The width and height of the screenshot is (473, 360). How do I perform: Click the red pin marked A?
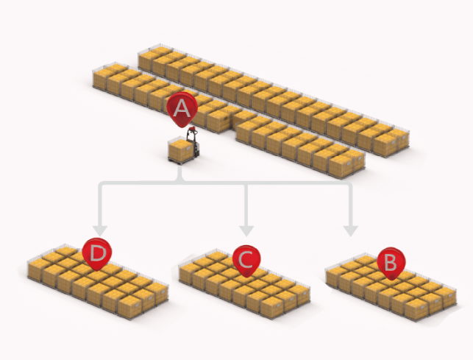pyautogui.click(x=182, y=109)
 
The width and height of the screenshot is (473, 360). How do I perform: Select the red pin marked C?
pyautogui.click(x=246, y=261)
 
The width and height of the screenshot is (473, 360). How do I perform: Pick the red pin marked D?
pyautogui.click(x=97, y=254)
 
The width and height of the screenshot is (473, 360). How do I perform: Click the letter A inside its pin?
pyautogui.click(x=182, y=108)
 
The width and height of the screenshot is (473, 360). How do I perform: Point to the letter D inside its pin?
pyautogui.click(x=98, y=253)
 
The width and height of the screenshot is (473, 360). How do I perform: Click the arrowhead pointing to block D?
pyautogui.click(x=100, y=230)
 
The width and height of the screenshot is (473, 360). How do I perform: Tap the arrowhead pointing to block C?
pyautogui.click(x=246, y=230)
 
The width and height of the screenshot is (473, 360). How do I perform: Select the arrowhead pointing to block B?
pyautogui.click(x=351, y=230)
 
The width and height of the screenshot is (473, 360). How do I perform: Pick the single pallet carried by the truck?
pyautogui.click(x=181, y=150)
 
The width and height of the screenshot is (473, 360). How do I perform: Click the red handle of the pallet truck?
pyautogui.click(x=193, y=130)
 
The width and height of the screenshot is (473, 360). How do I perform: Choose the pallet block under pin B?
pyautogui.click(x=391, y=286)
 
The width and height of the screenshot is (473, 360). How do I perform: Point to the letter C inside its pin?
pyautogui.click(x=246, y=260)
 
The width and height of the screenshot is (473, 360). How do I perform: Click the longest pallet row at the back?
pyautogui.click(x=274, y=100)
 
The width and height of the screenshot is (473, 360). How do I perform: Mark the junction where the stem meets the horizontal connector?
pyautogui.click(x=180, y=183)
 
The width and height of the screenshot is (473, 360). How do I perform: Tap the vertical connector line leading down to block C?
pyautogui.click(x=246, y=205)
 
